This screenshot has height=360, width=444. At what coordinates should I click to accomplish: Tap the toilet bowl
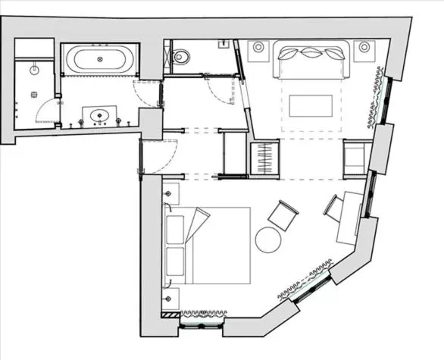pyautogui.click(x=180, y=56)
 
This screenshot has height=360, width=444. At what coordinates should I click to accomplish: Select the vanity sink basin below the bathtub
pyautogui.click(x=98, y=116)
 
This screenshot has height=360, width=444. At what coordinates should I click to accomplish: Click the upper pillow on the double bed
pyautogui.click(x=175, y=227)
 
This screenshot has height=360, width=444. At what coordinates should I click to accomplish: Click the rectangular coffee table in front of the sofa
pyautogui.click(x=311, y=105)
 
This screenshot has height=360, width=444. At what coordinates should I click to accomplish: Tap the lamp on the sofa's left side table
pyautogui.click(x=258, y=48)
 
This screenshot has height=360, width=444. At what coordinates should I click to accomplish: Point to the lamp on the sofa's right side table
pyautogui.click(x=364, y=48)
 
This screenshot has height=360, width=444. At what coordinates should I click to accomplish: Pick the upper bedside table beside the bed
pyautogui.click(x=170, y=194)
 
